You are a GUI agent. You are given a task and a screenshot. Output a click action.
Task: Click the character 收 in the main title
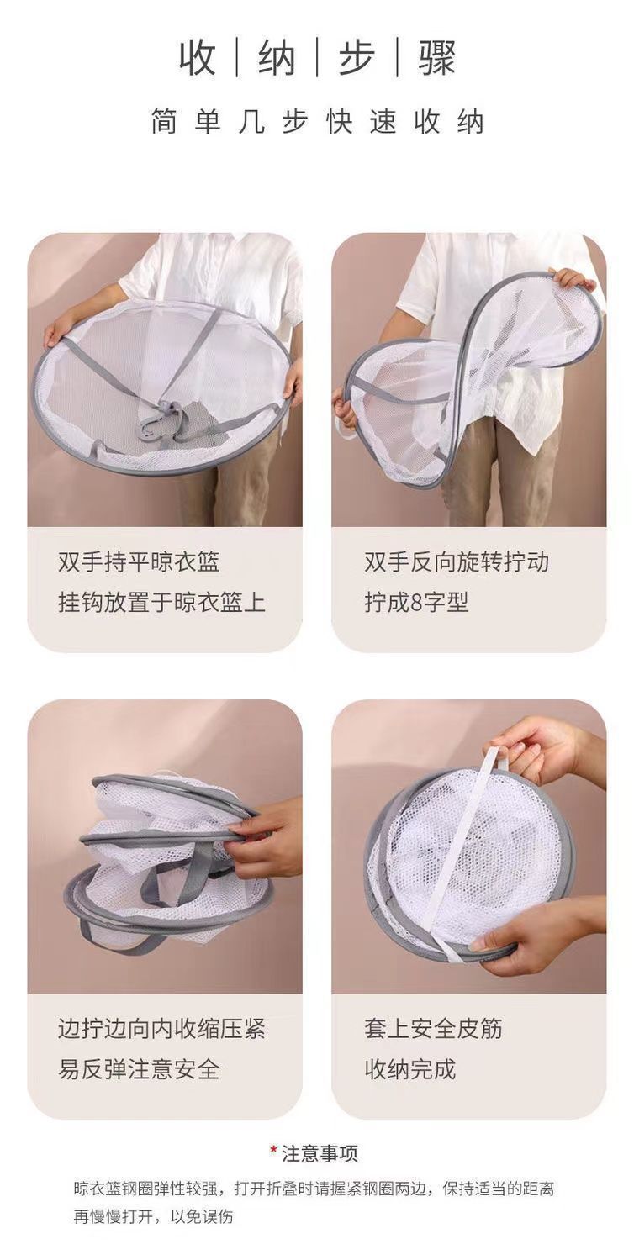tap(198, 58)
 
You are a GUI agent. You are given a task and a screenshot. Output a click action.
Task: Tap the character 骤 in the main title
tap(437, 58)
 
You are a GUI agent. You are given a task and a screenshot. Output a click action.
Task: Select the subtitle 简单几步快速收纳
tap(317, 123)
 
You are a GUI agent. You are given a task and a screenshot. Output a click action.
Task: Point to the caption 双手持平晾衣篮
tap(139, 561)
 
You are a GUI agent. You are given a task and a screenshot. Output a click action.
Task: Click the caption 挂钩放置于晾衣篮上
tap(161, 603)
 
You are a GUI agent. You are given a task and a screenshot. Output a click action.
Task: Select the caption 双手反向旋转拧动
tap(457, 561)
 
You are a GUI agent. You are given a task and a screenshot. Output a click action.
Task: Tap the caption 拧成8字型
tap(416, 603)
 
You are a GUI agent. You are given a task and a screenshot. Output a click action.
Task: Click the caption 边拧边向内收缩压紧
tap(161, 1028)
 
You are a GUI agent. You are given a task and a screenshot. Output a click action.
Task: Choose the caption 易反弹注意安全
tap(139, 1069)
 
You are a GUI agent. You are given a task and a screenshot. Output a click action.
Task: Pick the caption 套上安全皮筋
tap(433, 1028)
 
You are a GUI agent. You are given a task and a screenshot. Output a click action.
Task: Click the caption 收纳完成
tap(409, 1069)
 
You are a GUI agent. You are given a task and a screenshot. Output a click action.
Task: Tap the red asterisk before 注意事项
tap(273, 1151)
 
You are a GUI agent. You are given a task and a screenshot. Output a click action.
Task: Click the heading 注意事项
tap(320, 1153)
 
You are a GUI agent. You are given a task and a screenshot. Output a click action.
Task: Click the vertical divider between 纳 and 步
tap(317, 58)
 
